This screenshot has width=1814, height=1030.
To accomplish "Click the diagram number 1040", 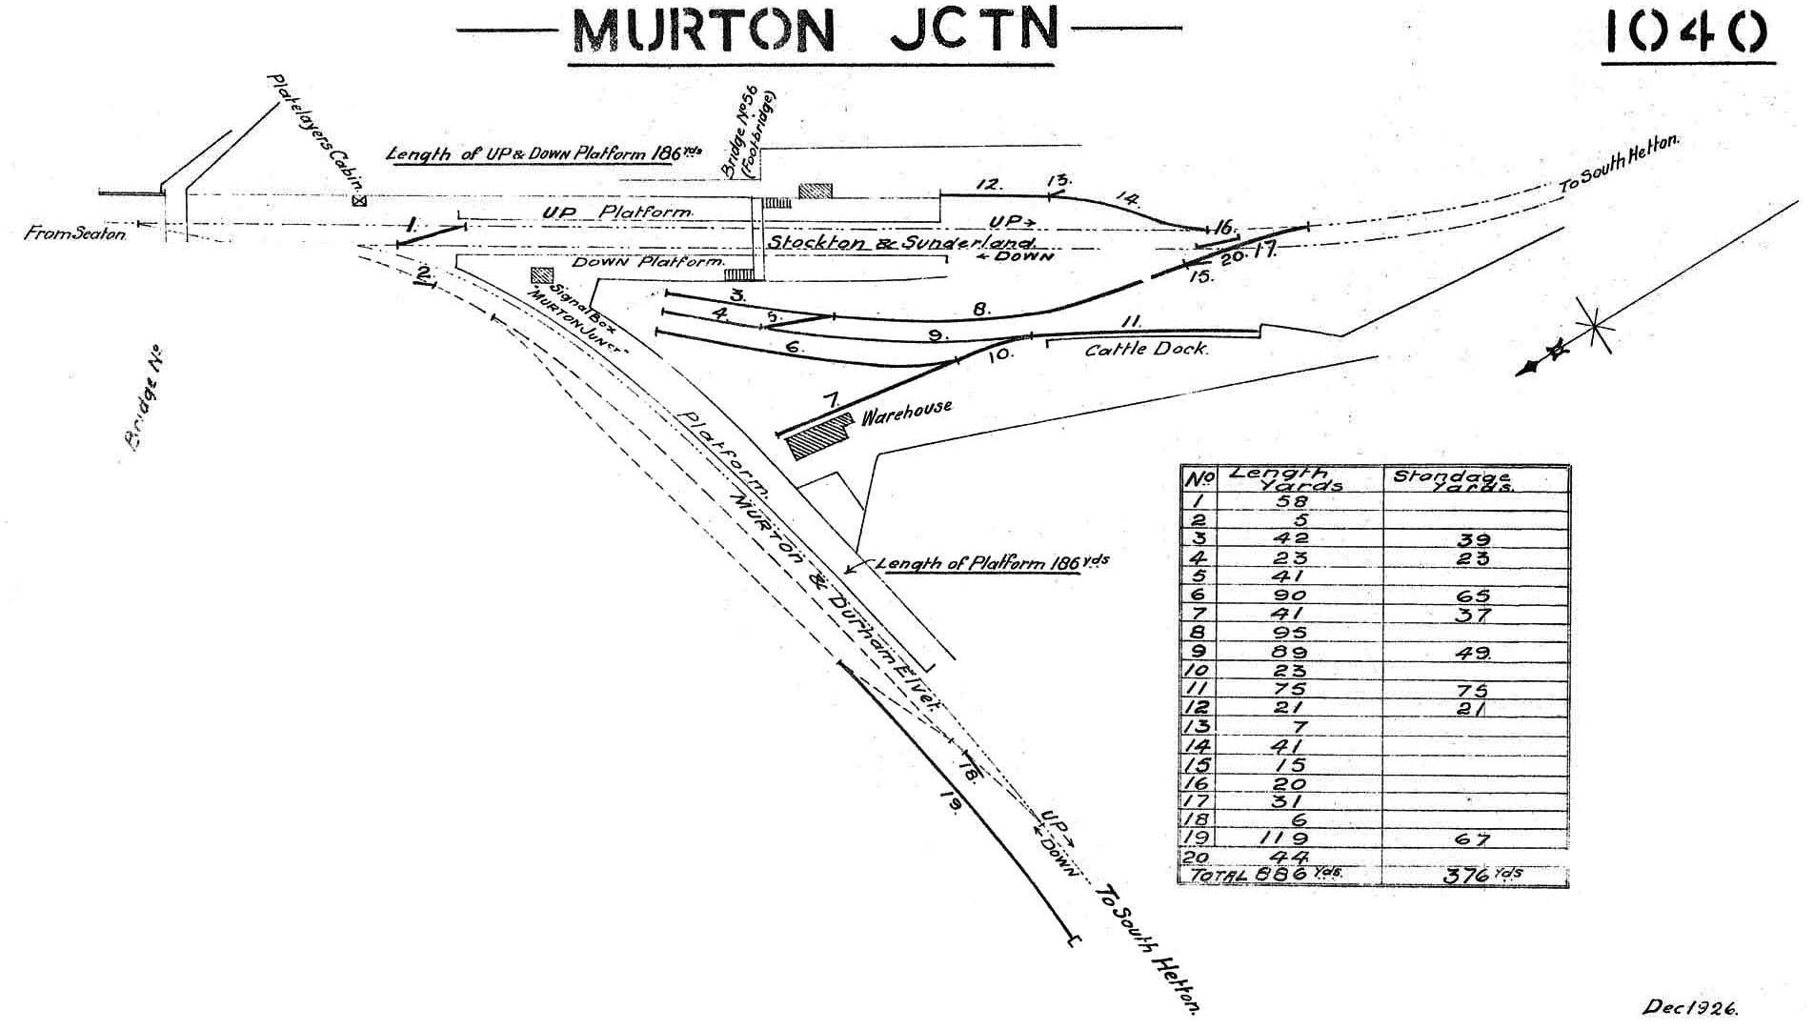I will click(x=1687, y=32).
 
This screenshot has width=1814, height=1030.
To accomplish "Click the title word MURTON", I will click(x=702, y=32).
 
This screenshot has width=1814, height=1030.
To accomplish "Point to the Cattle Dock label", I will click(x=1146, y=350).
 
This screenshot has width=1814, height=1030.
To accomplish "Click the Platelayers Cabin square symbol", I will click(x=359, y=201).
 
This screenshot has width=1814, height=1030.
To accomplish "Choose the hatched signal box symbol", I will click(x=541, y=275).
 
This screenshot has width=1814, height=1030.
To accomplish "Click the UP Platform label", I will click(x=616, y=212).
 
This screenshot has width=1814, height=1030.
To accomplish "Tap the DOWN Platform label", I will click(x=648, y=261).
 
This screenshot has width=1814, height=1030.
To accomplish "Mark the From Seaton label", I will click(x=74, y=233).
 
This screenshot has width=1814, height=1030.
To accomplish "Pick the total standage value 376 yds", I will click(x=1473, y=875).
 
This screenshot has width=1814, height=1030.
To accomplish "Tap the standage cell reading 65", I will click(x=1473, y=596).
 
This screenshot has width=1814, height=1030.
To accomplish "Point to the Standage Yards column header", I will click(x=1454, y=479).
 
